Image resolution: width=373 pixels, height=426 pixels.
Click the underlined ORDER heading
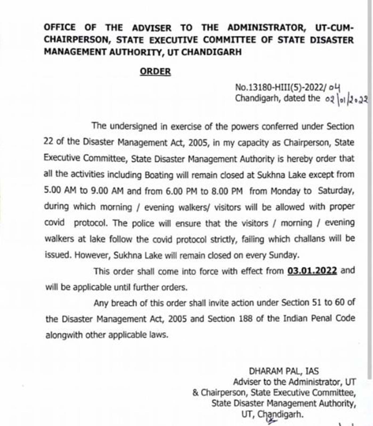click(x=155, y=72)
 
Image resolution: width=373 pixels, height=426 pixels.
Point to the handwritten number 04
click(x=334, y=87)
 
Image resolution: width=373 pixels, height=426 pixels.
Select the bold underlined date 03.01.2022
click(x=312, y=271)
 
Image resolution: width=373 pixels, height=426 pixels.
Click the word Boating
click(x=159, y=175)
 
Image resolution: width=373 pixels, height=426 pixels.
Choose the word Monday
click(x=283, y=191)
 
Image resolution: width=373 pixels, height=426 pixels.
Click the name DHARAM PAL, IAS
click(x=284, y=371)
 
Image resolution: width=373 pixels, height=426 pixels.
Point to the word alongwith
click(x=64, y=335)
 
